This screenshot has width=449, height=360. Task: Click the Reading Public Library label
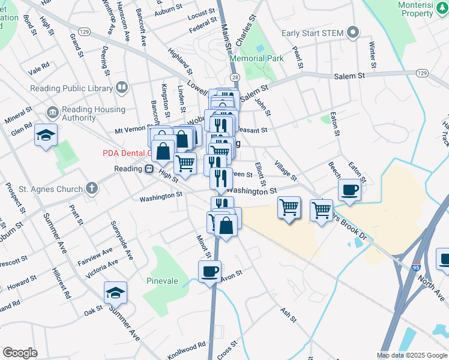tap(71, 89)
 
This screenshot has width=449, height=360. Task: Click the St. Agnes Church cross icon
tap(91, 189)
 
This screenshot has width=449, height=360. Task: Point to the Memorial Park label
tap(256, 59)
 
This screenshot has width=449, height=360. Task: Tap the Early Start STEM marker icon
tap(354, 32)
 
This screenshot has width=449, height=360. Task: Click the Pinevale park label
tap(163, 280)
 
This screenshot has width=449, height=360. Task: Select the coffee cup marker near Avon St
tap(209, 271)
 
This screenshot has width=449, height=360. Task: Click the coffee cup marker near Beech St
tap(349, 190)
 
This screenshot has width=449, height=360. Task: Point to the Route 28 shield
tap(234, 78)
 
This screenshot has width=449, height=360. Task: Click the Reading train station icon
tap(148, 169)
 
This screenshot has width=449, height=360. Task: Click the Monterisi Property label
tap(423, 9)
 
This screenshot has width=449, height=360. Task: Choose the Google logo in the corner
tap(20, 352)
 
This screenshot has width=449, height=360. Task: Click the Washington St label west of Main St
tap(160, 196)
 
